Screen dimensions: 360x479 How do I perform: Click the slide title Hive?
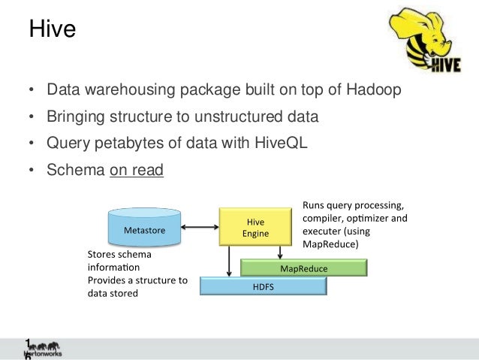click(52, 30)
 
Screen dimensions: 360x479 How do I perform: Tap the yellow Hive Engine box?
click(255, 227)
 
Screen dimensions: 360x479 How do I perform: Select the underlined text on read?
click(136, 170)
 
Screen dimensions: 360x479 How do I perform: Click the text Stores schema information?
click(119, 260)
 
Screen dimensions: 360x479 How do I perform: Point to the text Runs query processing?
click(352, 205)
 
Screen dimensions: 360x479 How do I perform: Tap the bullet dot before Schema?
click(31, 171)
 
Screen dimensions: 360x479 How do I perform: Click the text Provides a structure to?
click(137, 280)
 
